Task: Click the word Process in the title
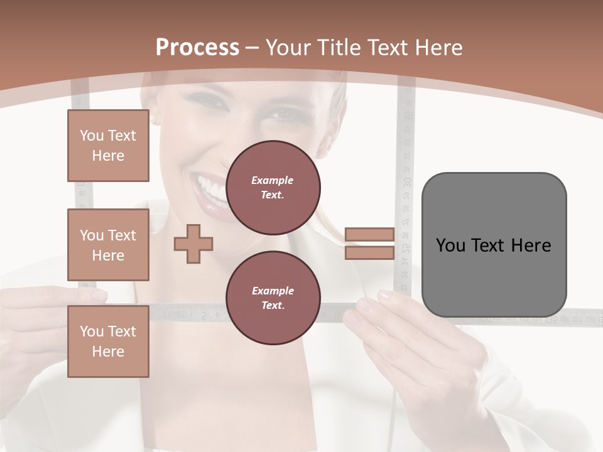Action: [197, 48]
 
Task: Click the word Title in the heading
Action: [340, 48]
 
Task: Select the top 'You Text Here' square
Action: [108, 146]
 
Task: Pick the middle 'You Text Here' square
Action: [108, 245]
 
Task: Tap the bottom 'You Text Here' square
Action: [108, 342]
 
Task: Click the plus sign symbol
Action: [193, 244]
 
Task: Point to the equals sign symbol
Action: [369, 244]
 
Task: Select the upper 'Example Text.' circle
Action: [273, 188]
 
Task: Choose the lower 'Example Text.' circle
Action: [273, 298]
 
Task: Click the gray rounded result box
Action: [494, 245]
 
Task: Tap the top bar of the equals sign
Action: [369, 235]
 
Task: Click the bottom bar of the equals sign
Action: [369, 252]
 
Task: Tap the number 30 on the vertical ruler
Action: [407, 182]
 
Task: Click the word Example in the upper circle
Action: [272, 180]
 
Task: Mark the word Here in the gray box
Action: [531, 245]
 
